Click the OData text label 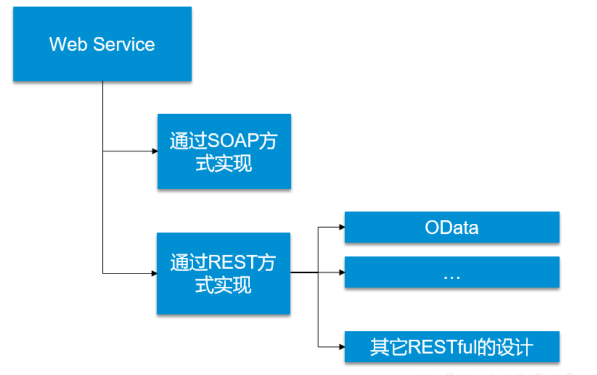(x=451, y=228)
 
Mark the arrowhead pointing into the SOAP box (x=155, y=151)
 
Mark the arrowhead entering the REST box (x=154, y=273)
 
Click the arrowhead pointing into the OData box (x=342, y=227)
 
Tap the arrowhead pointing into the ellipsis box (x=342, y=273)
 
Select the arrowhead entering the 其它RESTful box (x=342, y=347)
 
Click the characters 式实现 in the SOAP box (x=224, y=165)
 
